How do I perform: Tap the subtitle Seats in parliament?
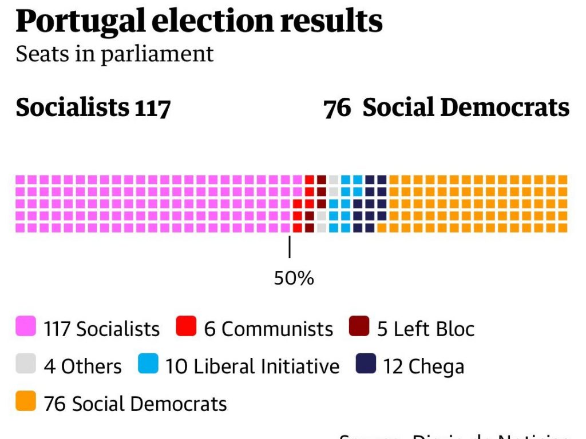(x=114, y=54)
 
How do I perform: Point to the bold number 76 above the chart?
(x=337, y=108)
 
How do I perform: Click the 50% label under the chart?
(x=294, y=278)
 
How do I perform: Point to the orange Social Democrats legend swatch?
(x=26, y=401)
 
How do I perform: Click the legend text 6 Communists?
(x=268, y=329)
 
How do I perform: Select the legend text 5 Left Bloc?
(x=426, y=329)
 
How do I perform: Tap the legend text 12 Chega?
(x=423, y=367)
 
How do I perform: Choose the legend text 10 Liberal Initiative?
(x=252, y=366)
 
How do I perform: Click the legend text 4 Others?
(x=83, y=366)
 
